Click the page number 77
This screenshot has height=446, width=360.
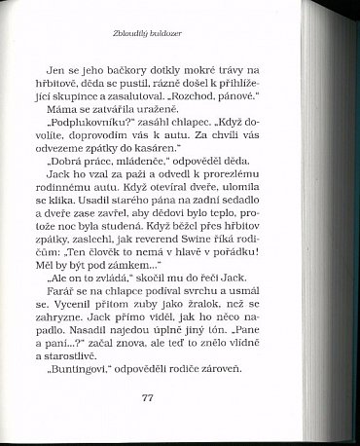(147, 399)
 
